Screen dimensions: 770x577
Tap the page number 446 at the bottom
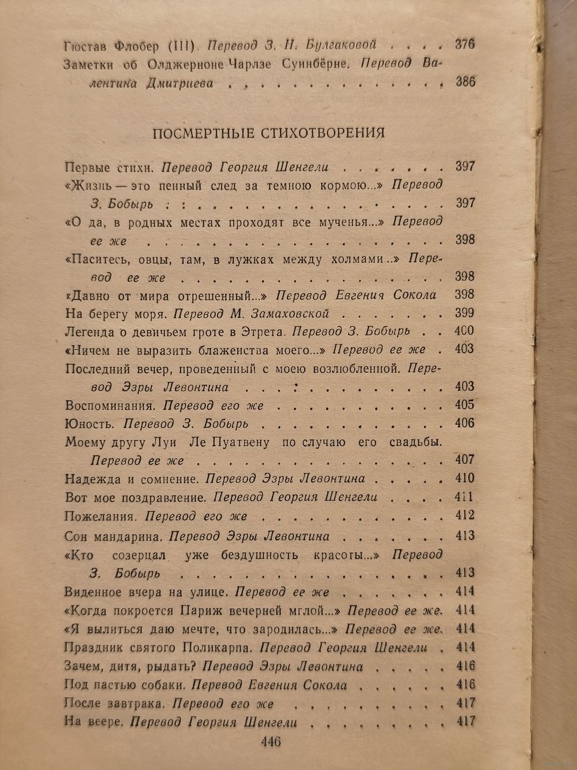271,741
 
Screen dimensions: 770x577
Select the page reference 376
464,44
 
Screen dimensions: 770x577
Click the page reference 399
464,313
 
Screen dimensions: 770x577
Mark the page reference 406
464,423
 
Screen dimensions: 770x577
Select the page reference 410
464,478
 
